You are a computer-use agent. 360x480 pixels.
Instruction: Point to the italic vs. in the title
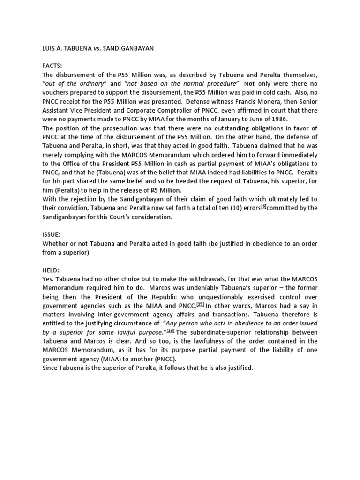point(111,47)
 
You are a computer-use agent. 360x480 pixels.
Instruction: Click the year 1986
point(277,119)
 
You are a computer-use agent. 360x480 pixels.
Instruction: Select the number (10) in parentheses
point(234,208)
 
